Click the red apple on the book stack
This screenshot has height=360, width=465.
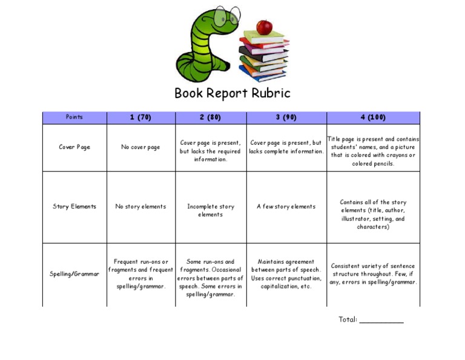click(264, 27)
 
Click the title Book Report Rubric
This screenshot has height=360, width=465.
click(232, 93)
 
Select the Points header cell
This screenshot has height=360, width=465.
click(74, 118)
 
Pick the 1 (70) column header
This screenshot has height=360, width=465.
click(140, 118)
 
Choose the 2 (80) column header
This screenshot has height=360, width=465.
click(210, 118)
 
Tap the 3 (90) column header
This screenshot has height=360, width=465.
click(286, 118)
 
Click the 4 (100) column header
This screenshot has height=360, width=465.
click(373, 118)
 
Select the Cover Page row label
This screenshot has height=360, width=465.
click(74, 147)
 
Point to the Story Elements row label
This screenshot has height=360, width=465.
click(74, 207)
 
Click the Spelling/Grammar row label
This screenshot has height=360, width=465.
click(74, 274)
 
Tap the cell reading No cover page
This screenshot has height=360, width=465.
click(140, 147)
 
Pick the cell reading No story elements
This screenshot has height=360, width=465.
click(140, 207)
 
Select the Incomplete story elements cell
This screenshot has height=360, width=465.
click(210, 210)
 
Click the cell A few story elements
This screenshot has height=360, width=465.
click(286, 207)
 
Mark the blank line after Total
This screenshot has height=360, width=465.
click(381, 321)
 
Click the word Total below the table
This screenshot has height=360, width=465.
click(348, 319)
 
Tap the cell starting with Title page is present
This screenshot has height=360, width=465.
click(373, 151)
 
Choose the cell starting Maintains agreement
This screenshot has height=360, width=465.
click(286, 274)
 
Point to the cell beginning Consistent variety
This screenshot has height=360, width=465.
click(373, 274)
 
